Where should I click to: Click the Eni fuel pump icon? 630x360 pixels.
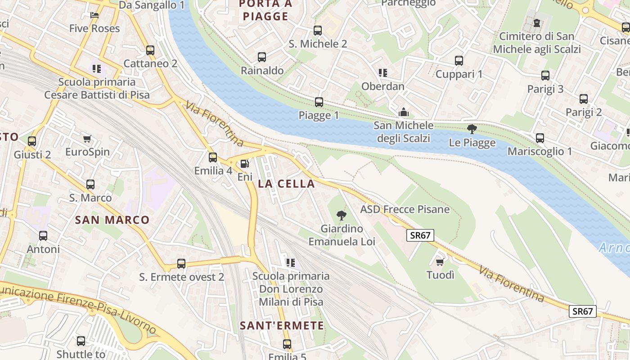[x=244, y=164]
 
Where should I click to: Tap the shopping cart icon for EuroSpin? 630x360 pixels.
[x=87, y=139]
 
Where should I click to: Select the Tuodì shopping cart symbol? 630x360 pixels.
[x=440, y=262]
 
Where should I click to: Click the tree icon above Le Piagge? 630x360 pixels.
[x=472, y=130]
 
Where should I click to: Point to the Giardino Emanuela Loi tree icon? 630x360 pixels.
[x=342, y=216]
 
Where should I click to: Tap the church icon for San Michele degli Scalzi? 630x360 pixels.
[x=404, y=112]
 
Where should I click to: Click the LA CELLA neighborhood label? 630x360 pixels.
[x=286, y=184]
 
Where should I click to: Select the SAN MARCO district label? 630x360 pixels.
[x=112, y=220]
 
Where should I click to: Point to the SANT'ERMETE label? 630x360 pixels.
[x=282, y=325]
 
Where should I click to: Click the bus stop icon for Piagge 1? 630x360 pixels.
[x=319, y=102]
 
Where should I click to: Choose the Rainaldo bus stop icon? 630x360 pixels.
[x=262, y=57]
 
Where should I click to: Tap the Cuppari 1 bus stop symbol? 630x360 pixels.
[x=459, y=61]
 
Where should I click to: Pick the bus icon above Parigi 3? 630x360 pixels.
[x=545, y=76]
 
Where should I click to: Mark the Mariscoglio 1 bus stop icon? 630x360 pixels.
[x=540, y=138]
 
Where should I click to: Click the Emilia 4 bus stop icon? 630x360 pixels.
[x=213, y=157]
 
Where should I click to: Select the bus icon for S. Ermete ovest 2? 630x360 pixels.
[x=181, y=264]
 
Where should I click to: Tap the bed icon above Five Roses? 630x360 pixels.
[x=94, y=15]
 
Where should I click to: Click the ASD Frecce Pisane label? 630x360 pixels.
[x=405, y=209]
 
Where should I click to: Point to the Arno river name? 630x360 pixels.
[x=614, y=247]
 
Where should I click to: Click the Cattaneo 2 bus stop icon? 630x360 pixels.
[x=150, y=50]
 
